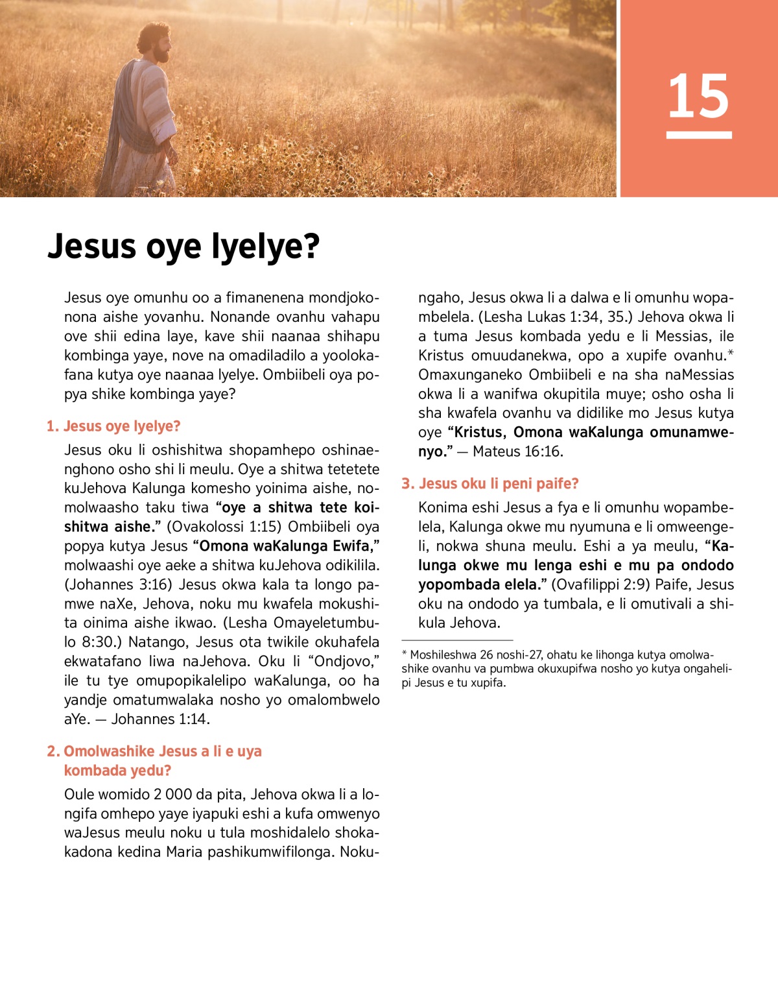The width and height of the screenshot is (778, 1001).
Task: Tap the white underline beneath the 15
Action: [698, 135]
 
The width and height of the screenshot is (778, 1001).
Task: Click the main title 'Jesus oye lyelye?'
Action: [183, 247]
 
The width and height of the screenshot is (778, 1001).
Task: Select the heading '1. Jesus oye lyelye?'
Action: [113, 426]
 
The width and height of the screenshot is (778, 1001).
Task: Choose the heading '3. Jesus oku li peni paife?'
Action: [490, 483]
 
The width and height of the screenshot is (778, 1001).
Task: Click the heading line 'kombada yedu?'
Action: [117, 771]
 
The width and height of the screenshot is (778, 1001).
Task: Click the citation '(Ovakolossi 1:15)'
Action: [224, 527]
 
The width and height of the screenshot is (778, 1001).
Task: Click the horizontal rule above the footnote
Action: [457, 640]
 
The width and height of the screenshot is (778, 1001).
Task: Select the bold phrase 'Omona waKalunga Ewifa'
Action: [285, 546]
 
